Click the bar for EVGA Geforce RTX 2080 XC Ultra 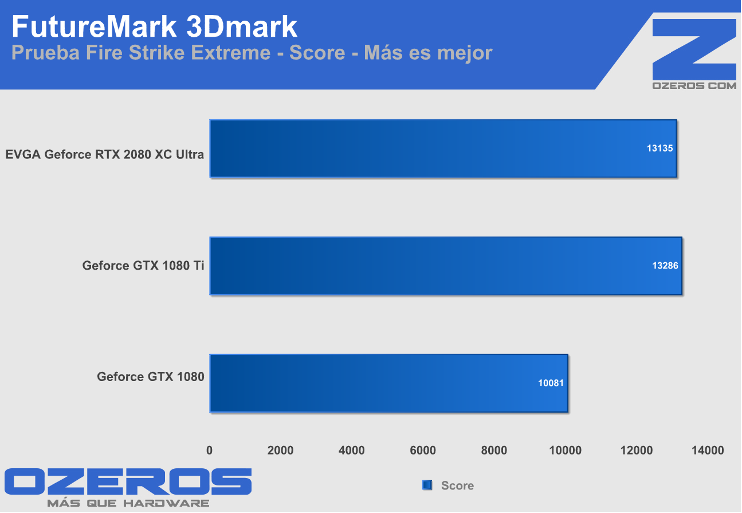443,148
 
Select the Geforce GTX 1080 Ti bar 446,266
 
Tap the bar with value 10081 388,383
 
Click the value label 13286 664,266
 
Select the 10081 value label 550,383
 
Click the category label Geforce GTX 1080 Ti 143,266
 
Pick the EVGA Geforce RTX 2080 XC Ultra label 104,154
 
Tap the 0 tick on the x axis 210,450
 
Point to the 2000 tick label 281,450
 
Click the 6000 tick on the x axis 423,450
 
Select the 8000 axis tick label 494,450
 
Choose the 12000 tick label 637,450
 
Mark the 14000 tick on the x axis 708,450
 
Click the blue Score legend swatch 427,485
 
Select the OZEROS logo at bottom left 128,482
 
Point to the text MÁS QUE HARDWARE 128,503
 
